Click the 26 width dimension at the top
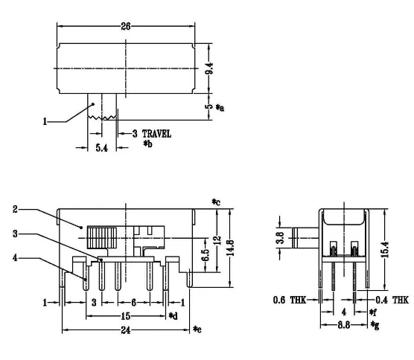tap(125, 25)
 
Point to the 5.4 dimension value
tap(103, 149)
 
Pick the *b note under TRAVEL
tap(147, 143)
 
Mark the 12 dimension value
tap(217, 240)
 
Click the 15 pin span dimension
tap(125, 315)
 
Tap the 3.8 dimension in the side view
tap(279, 239)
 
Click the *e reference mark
tap(197, 329)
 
